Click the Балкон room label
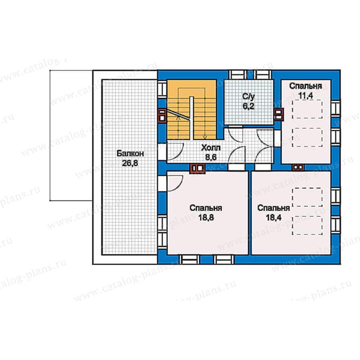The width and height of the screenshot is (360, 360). click(130, 153)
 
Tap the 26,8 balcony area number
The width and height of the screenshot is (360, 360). click(130, 163)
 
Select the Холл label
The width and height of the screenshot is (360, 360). click(211, 148)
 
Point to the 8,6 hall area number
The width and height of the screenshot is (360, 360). click(211, 158)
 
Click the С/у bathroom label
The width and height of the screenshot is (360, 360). click(249, 97)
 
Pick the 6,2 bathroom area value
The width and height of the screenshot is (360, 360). click(249, 106)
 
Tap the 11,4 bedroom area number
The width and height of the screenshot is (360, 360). click(306, 96)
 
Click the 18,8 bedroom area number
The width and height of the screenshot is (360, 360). click(206, 218)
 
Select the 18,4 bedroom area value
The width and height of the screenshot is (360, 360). click(274, 218)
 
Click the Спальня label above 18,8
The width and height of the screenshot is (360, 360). click(206, 208)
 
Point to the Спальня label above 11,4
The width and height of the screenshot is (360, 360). click(306, 86)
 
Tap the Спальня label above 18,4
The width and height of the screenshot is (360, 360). click(274, 208)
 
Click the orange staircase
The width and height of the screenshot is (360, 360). click(192, 110)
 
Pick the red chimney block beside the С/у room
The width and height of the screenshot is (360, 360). click(278, 114)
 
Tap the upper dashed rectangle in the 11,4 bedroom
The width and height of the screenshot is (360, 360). click(307, 109)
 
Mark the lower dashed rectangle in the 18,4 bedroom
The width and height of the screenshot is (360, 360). click(307, 226)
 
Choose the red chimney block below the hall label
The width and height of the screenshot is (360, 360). click(197, 168)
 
